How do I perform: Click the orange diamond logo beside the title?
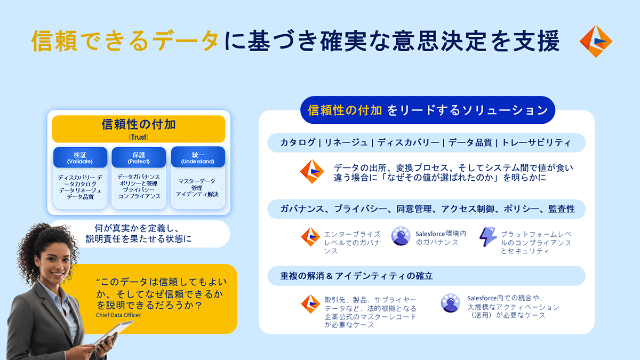coord(596,41)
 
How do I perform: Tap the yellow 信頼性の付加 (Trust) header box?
coord(139,129)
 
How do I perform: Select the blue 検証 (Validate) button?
coord(80,157)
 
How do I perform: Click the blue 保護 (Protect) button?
coord(139,157)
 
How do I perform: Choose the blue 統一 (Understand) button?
coord(198,157)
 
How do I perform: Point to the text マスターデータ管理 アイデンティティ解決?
coord(197,188)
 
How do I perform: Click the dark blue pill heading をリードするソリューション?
coord(427,110)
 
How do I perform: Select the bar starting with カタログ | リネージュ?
coord(426,142)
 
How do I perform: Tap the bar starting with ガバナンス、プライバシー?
coord(426,209)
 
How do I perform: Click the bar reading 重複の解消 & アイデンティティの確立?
coord(426,276)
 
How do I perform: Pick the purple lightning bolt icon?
coord(487,237)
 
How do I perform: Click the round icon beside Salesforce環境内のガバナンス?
coord(401,236)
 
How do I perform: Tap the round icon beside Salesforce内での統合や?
coord(450,303)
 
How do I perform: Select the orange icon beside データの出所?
coord(312,171)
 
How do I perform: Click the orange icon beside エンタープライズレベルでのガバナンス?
coord(310,237)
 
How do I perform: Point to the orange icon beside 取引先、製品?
coord(310,303)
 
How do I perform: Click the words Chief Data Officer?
coord(118,315)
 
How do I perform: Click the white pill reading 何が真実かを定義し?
coord(139,234)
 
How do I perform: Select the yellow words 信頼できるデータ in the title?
coord(125,41)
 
